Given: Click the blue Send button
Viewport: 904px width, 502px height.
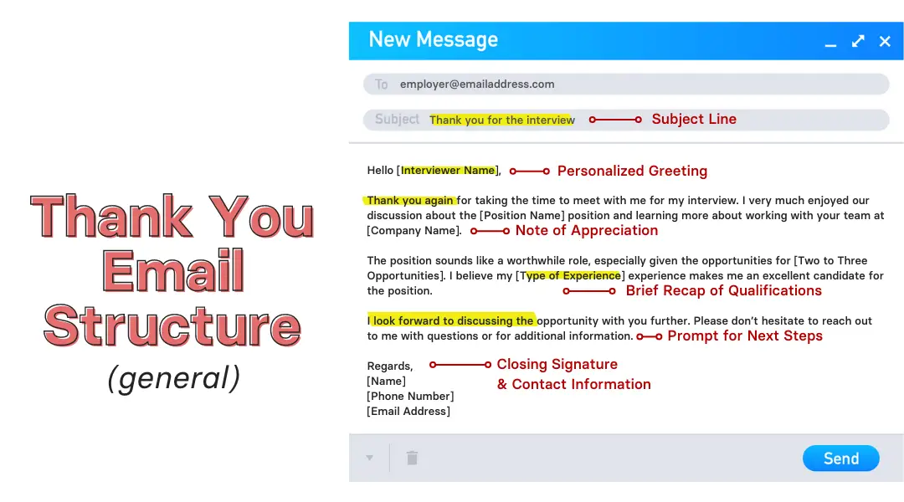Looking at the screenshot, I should coord(840,458).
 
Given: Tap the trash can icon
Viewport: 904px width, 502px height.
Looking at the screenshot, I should coord(412,458).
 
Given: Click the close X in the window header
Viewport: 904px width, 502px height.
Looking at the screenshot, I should coord(885,41).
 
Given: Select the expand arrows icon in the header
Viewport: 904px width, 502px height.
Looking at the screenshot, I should coord(858,41).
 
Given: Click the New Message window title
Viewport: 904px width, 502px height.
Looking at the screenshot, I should coord(433,39).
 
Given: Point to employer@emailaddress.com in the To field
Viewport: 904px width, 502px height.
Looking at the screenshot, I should coord(477,84).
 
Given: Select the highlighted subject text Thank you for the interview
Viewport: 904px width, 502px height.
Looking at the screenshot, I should coord(501,120).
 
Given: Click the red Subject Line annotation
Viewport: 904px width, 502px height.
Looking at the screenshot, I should coord(694,119).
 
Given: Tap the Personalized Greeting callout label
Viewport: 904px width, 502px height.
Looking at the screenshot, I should coord(632,171).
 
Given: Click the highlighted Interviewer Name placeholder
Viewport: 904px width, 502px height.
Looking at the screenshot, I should coord(448,170).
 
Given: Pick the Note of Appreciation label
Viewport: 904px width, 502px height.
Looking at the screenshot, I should coord(587,230).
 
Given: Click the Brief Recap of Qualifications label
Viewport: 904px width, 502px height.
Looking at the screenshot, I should coord(723,290).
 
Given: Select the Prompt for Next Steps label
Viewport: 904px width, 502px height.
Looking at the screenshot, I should coord(744,336).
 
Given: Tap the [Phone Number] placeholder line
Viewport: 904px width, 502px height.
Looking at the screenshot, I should coord(410,396).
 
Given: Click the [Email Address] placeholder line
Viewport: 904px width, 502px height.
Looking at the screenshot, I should coord(408,411).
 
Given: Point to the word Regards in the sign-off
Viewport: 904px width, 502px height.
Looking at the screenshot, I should coord(389,366).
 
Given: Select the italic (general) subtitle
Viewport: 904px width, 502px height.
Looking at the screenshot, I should coord(174,378).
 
